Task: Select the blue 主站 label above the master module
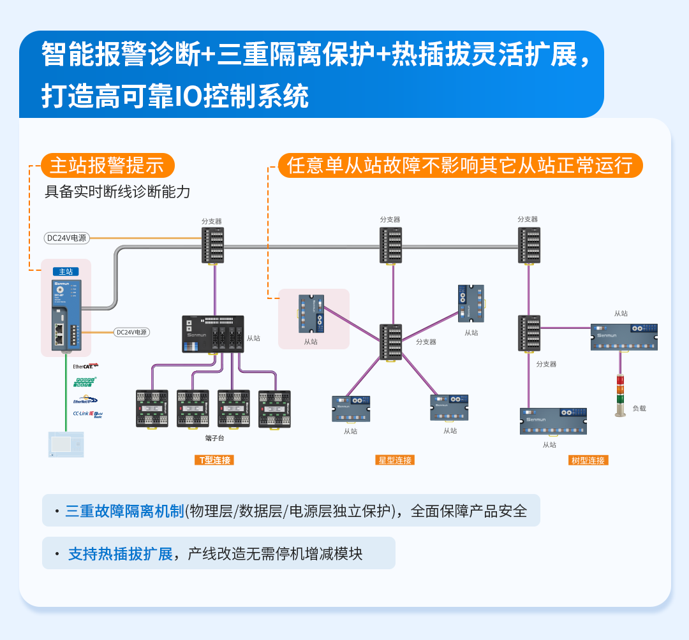pos(66,272)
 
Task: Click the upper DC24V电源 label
pos(66,238)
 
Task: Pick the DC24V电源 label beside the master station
pos(131,332)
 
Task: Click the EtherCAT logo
pos(85,367)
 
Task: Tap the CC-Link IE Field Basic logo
pos(87,414)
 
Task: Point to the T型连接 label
pos(214,460)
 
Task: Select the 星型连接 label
pos(394,460)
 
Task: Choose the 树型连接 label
pos(588,460)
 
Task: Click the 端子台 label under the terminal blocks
pos(214,438)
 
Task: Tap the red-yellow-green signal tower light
pos(620,392)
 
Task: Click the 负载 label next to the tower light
pos(639,408)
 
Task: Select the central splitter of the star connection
pos(390,342)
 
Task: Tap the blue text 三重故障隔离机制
pos(124,511)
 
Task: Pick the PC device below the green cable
pos(66,444)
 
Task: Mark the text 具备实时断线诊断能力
pos(117,192)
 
